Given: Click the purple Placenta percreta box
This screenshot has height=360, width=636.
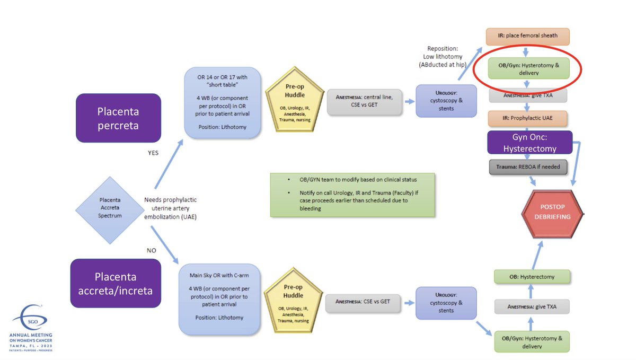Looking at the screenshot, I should click(x=118, y=118).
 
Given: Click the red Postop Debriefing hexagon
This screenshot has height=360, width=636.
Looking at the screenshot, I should click(x=552, y=212).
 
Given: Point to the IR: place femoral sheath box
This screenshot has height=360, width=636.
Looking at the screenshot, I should click(x=527, y=36).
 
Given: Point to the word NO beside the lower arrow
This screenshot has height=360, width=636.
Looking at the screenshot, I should click(x=152, y=250).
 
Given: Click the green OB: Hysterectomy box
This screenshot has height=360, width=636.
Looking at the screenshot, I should click(x=532, y=276).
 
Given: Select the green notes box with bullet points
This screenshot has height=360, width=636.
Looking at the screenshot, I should click(x=352, y=194).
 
